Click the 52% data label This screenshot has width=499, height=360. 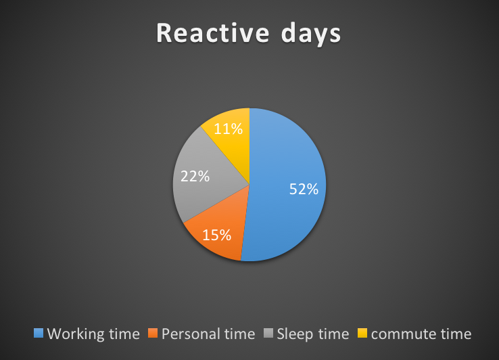point(304,189)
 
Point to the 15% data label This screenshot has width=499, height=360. point(217,235)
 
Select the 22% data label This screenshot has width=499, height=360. point(195,176)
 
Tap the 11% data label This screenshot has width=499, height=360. point(228,129)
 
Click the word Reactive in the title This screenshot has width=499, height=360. point(212,32)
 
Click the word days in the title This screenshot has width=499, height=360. point(311,34)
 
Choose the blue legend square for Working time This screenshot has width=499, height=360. point(39,333)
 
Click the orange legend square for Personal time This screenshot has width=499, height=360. point(153,333)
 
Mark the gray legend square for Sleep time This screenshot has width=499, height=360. point(268,333)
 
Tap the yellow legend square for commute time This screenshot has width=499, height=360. point(362,333)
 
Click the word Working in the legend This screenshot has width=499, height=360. point(76,334)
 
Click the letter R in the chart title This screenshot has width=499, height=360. point(164,32)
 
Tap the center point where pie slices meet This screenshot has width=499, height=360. point(249,185)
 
